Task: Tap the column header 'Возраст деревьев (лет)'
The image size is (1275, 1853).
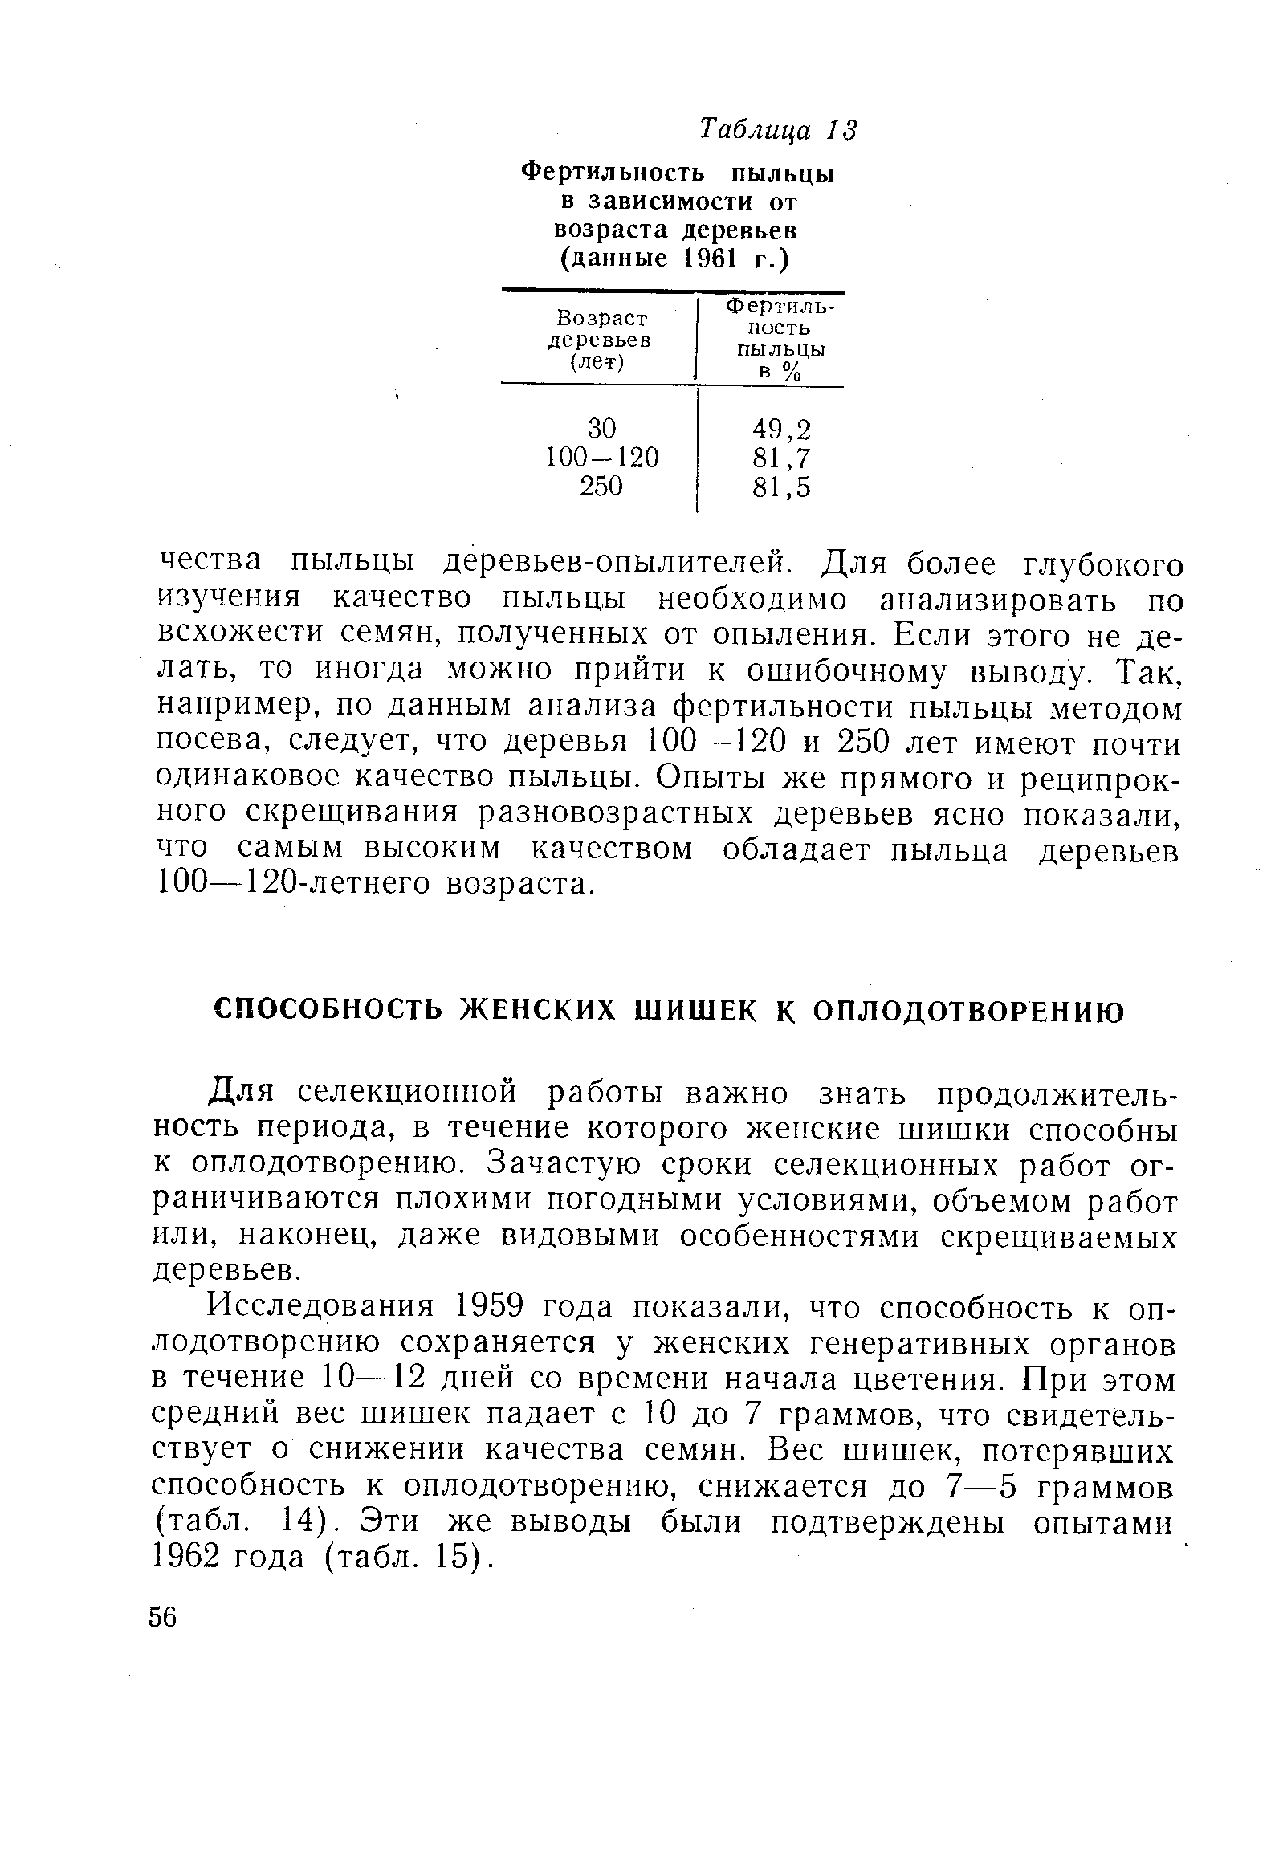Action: (598, 340)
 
